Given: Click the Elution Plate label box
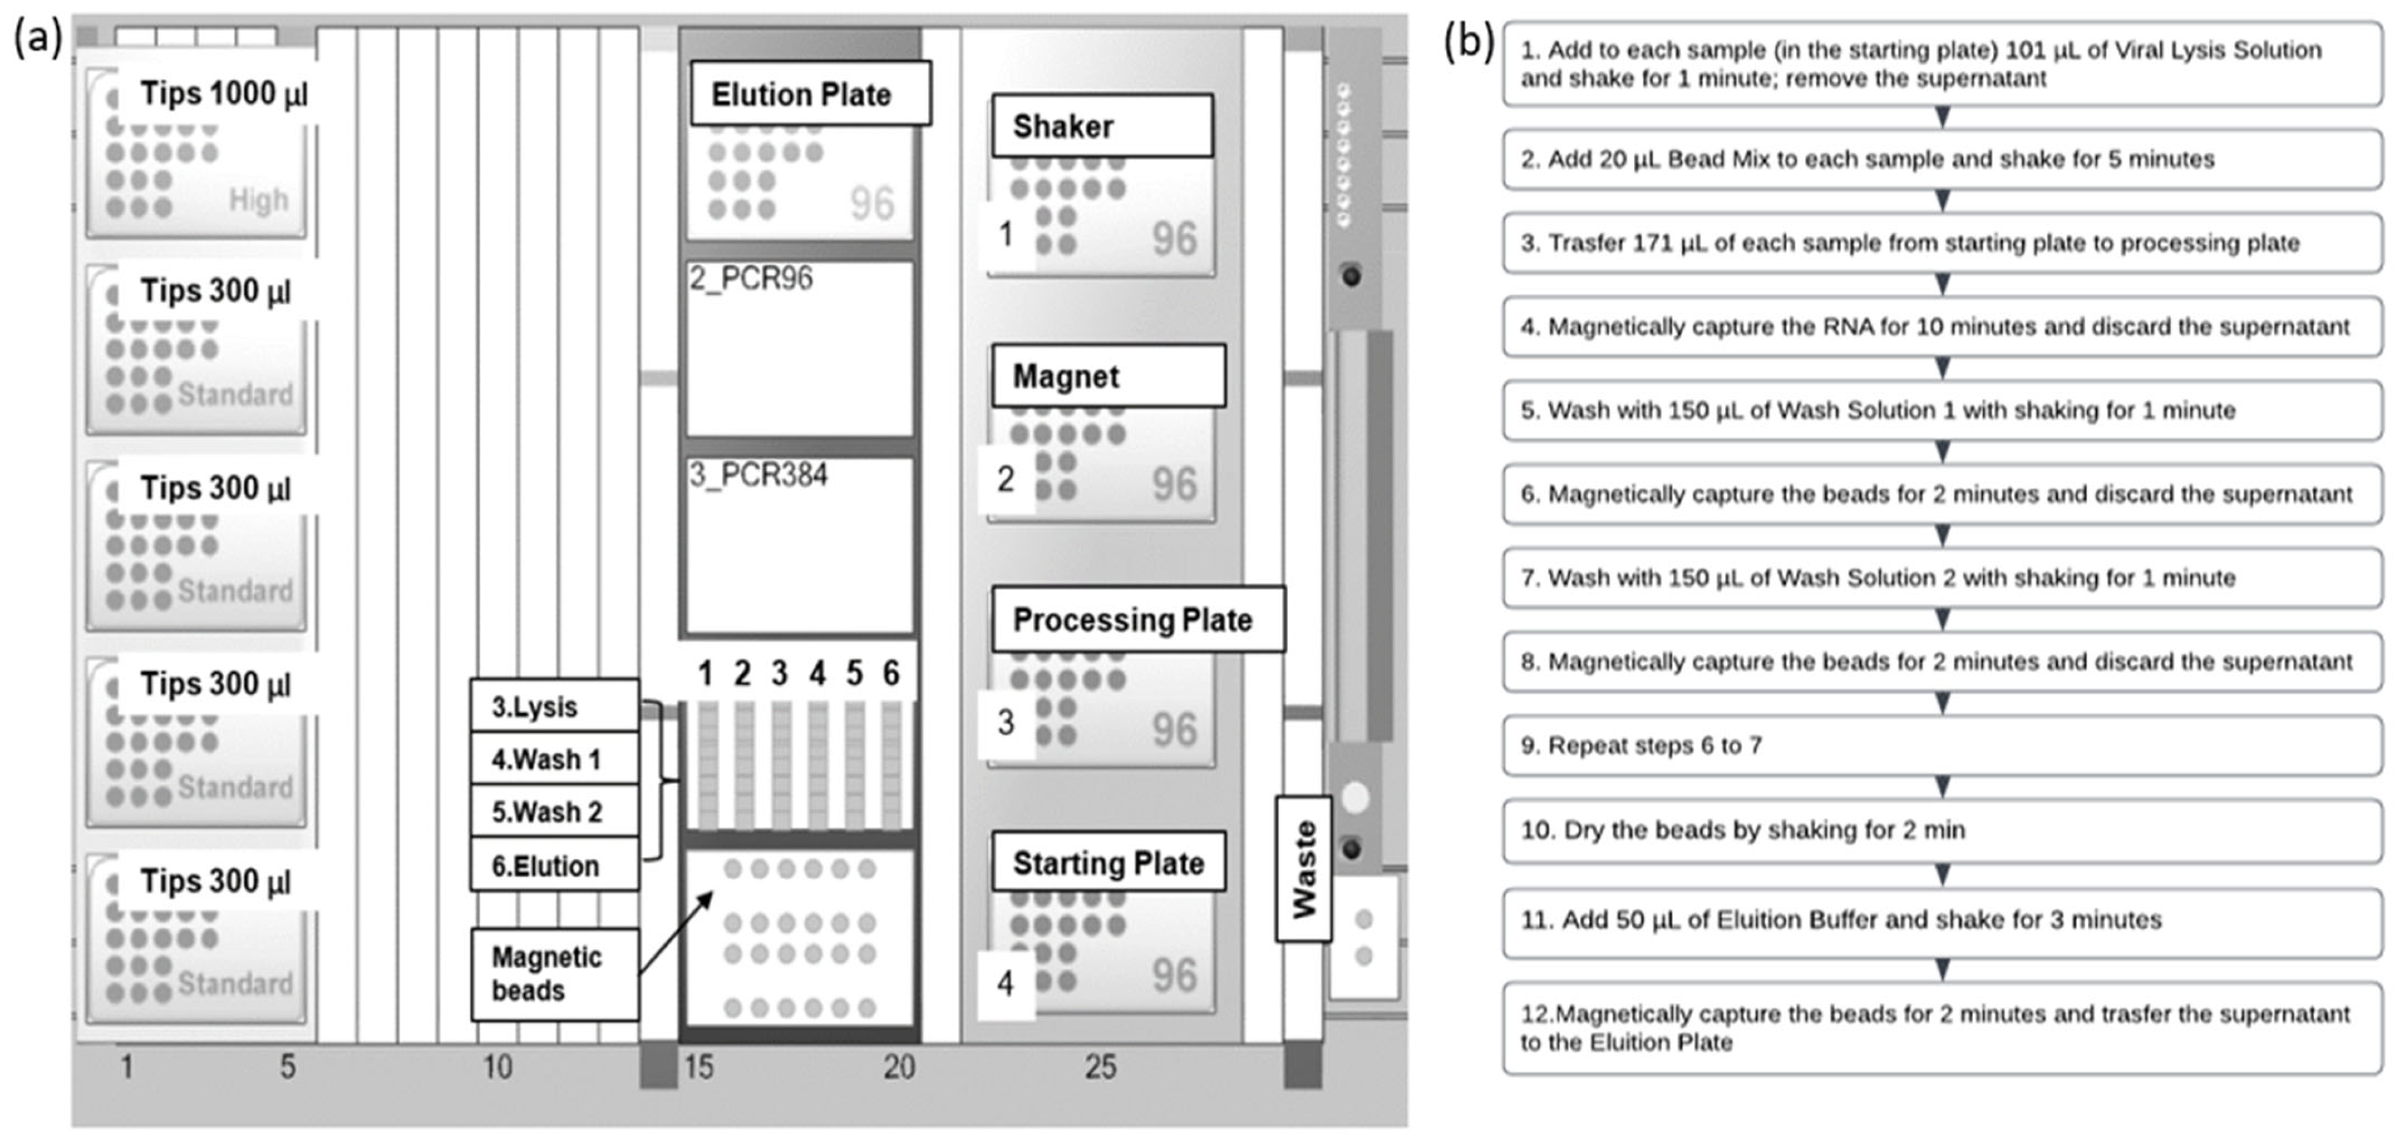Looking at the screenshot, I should click(810, 94).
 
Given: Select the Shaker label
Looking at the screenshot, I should click(1101, 126).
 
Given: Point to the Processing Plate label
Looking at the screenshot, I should click(1137, 619).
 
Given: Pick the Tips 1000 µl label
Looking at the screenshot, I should click(223, 94).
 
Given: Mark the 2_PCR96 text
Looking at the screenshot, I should click(751, 278).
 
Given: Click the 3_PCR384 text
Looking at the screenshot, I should click(759, 475).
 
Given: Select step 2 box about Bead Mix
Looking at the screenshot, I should click(1941, 159).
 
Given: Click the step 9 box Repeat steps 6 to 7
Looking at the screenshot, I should click(1941, 745).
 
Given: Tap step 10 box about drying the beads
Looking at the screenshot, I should click(1941, 830).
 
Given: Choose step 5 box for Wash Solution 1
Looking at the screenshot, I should click(1941, 410).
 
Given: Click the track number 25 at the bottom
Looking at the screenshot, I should click(1100, 1067).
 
